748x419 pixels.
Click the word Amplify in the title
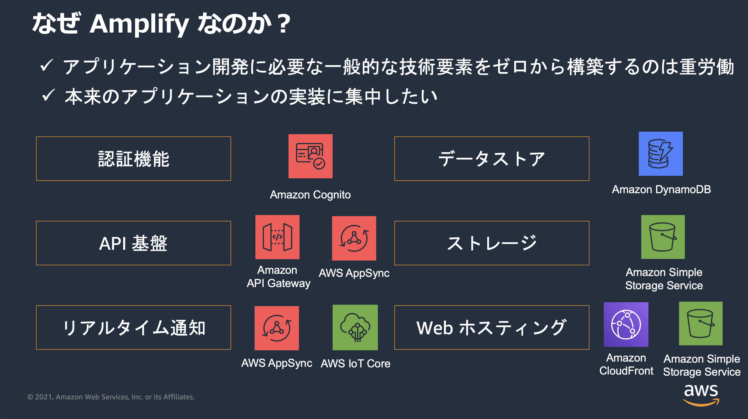pos(139,24)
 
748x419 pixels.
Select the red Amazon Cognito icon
pos(310,156)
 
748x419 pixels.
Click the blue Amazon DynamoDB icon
pos(661,154)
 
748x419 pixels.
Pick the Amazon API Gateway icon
pos(277,237)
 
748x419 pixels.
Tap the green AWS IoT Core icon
pos(355,327)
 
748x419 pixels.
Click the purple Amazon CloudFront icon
pos(626,324)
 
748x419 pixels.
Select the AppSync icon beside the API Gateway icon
pos(354,238)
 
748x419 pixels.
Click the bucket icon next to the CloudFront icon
pos(700,323)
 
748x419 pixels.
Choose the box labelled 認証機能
pos(133,159)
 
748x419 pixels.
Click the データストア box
pos(491,159)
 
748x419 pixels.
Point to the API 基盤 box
pos(133,243)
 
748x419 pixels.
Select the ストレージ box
pos(491,243)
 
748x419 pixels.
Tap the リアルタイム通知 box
pos(133,327)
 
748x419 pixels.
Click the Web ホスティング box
pos(491,327)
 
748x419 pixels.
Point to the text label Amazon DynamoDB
pos(661,189)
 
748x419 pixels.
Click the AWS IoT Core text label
pos(356,364)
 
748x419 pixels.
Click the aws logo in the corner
pos(701,395)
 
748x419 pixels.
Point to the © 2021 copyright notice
pos(111,397)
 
